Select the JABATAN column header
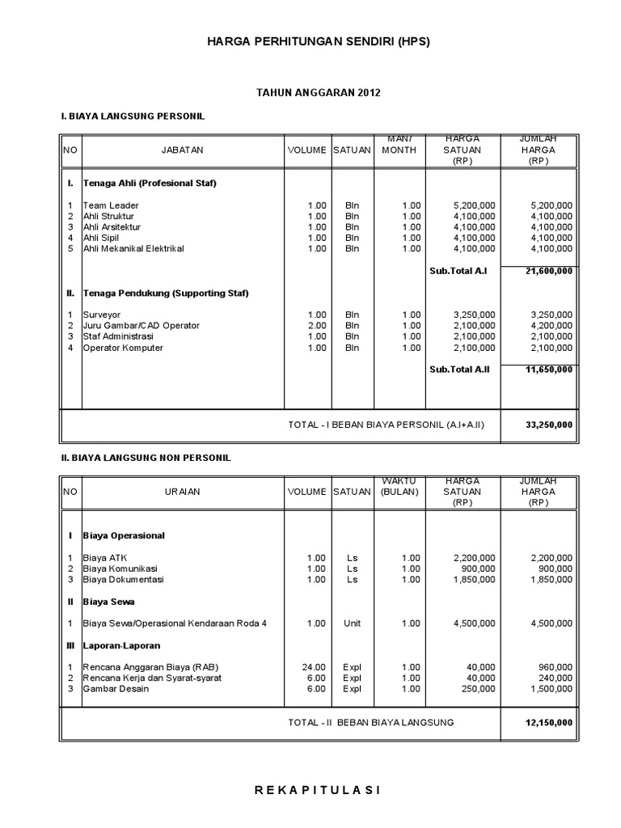[x=182, y=150]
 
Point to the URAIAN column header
[x=182, y=491]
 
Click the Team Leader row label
[x=111, y=205]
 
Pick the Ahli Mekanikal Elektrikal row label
[x=133, y=248]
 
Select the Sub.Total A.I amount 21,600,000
[x=548, y=271]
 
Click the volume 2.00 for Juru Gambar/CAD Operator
[x=316, y=325]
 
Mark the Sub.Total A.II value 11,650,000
[x=548, y=370]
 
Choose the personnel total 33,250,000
[x=548, y=425]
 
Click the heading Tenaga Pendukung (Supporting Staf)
[x=166, y=293]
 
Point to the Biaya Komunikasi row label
[x=120, y=568]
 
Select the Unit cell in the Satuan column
[x=352, y=623]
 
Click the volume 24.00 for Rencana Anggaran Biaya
[x=314, y=666]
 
